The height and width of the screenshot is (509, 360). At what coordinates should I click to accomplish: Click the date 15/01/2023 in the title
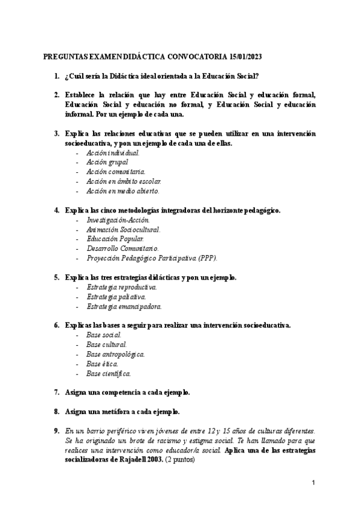coord(245,57)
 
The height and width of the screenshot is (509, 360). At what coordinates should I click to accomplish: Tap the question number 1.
coord(56,76)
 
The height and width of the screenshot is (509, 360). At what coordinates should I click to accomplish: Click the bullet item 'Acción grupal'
coord(107,162)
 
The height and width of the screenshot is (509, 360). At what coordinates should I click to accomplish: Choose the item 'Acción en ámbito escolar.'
coord(124,181)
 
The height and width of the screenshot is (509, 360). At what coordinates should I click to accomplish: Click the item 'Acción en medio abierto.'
coord(123,191)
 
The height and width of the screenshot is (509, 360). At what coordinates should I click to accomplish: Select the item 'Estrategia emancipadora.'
coord(124,306)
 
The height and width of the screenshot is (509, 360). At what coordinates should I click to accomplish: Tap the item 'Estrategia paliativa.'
coord(116,297)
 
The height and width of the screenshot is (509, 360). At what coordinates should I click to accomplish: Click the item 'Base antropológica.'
coord(115,354)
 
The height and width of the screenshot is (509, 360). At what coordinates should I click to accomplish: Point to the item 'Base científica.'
coord(109,373)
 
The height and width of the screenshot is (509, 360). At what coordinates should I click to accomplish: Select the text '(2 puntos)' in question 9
coord(181,459)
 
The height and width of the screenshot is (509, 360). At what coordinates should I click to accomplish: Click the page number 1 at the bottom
coord(314,483)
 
